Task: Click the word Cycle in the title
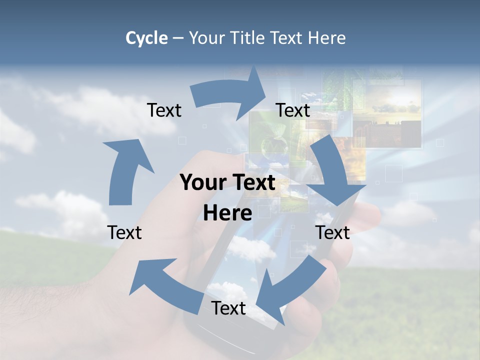tap(146, 38)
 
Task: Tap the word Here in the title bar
tap(327, 38)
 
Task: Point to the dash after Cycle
tap(178, 38)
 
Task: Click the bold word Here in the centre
tap(227, 213)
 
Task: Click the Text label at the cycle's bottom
tap(228, 308)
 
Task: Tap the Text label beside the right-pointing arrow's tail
tap(164, 110)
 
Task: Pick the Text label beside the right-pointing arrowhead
tap(293, 110)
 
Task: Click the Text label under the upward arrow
tap(124, 232)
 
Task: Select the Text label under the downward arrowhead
tap(333, 232)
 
